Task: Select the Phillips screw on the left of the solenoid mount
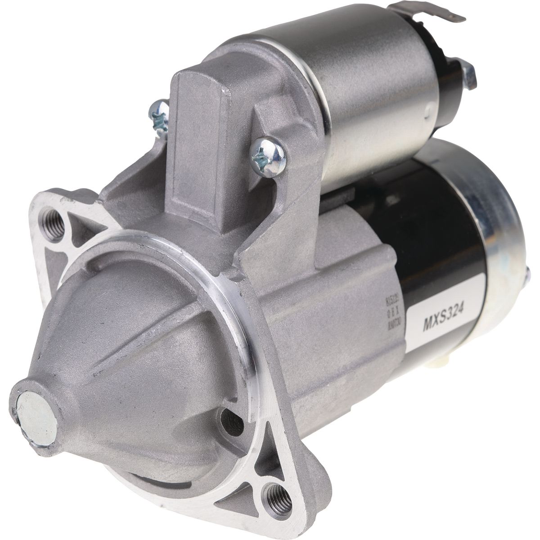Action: tap(159, 116)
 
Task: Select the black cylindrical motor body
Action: tap(432, 225)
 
